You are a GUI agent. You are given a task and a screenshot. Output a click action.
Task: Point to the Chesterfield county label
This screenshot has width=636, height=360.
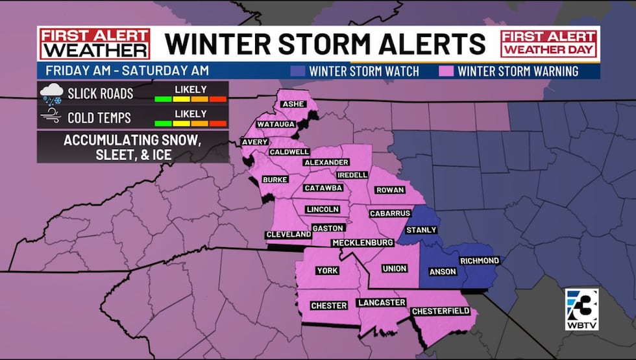441,311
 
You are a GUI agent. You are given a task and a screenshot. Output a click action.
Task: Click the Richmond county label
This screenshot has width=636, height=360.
479,261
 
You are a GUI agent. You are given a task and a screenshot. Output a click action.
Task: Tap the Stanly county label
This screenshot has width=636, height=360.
421,230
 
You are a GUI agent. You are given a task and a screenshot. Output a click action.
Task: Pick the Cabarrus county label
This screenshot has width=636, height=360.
389,213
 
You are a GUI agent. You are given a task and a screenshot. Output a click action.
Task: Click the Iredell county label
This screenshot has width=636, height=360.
352,175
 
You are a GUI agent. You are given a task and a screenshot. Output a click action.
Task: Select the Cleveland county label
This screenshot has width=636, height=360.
288,234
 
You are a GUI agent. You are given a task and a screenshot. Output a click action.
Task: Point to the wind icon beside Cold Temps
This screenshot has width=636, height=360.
51,117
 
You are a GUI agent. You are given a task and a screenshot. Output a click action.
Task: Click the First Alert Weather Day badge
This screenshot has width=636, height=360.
549,43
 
